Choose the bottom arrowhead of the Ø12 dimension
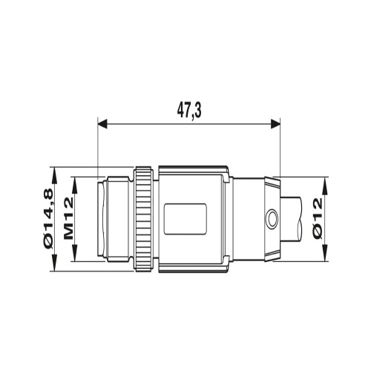pyautogui.click(x=327, y=257)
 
